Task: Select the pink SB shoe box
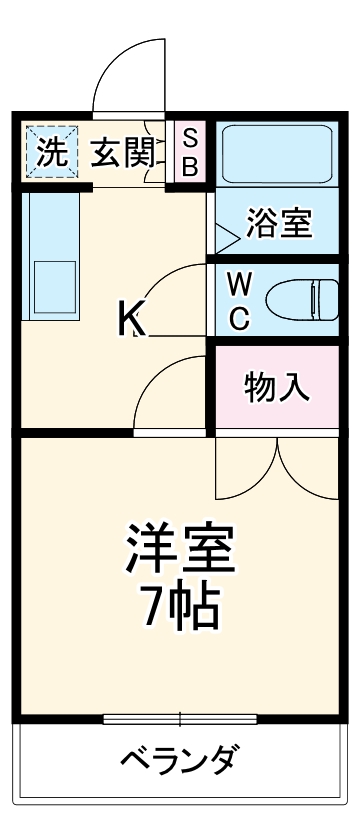[x=189, y=151]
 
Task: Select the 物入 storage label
[x=277, y=387]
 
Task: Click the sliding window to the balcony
[x=180, y=718]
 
